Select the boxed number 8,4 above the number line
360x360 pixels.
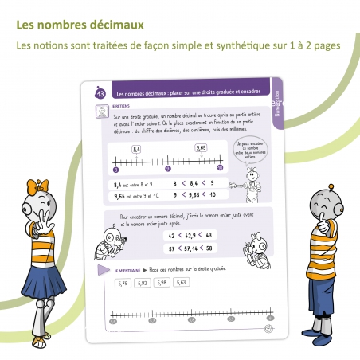pyautogui.click(x=136, y=149)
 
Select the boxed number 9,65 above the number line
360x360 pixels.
pyautogui.click(x=202, y=147)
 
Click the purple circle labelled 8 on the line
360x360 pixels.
pyautogui.click(x=116, y=170)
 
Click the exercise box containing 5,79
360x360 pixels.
pyautogui.click(x=122, y=283)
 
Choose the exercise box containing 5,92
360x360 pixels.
pyautogui.click(x=142, y=283)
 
